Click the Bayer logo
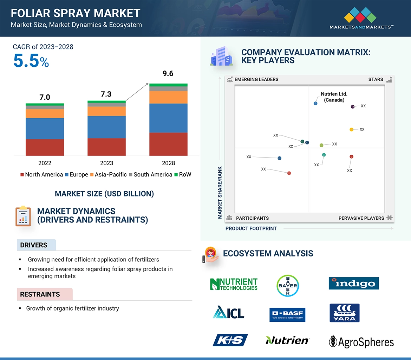point(287,285)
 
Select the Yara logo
point(344,313)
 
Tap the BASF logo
point(287,315)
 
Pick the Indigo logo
point(353,283)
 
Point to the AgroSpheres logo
point(361,341)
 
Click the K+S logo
point(230,340)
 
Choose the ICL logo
point(228,312)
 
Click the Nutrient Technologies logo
point(234,284)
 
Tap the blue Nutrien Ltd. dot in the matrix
point(315,104)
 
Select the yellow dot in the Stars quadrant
point(351,129)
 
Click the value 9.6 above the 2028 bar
point(168,74)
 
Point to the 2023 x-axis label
point(106,163)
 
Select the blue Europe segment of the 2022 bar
point(45,128)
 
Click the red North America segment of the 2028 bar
point(168,144)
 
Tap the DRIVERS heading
point(34,245)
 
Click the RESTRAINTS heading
point(40,294)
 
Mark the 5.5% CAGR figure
point(31,61)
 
